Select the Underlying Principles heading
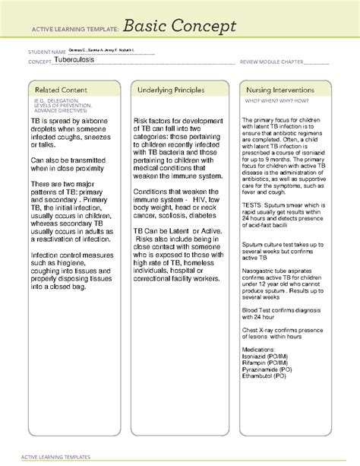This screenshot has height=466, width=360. [171, 90]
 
